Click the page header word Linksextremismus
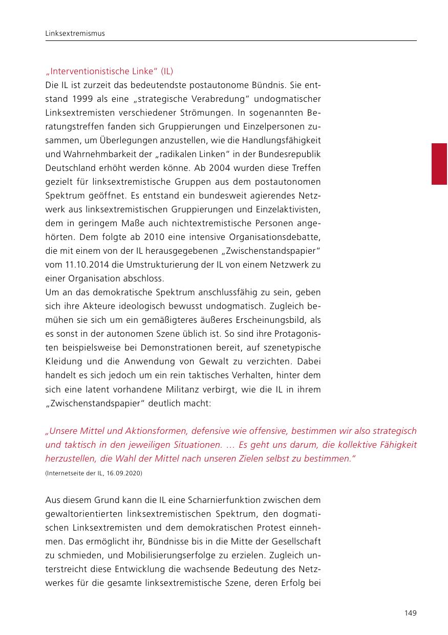tap(75, 33)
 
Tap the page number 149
tap(410, 613)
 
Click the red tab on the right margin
tap(439, 164)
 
